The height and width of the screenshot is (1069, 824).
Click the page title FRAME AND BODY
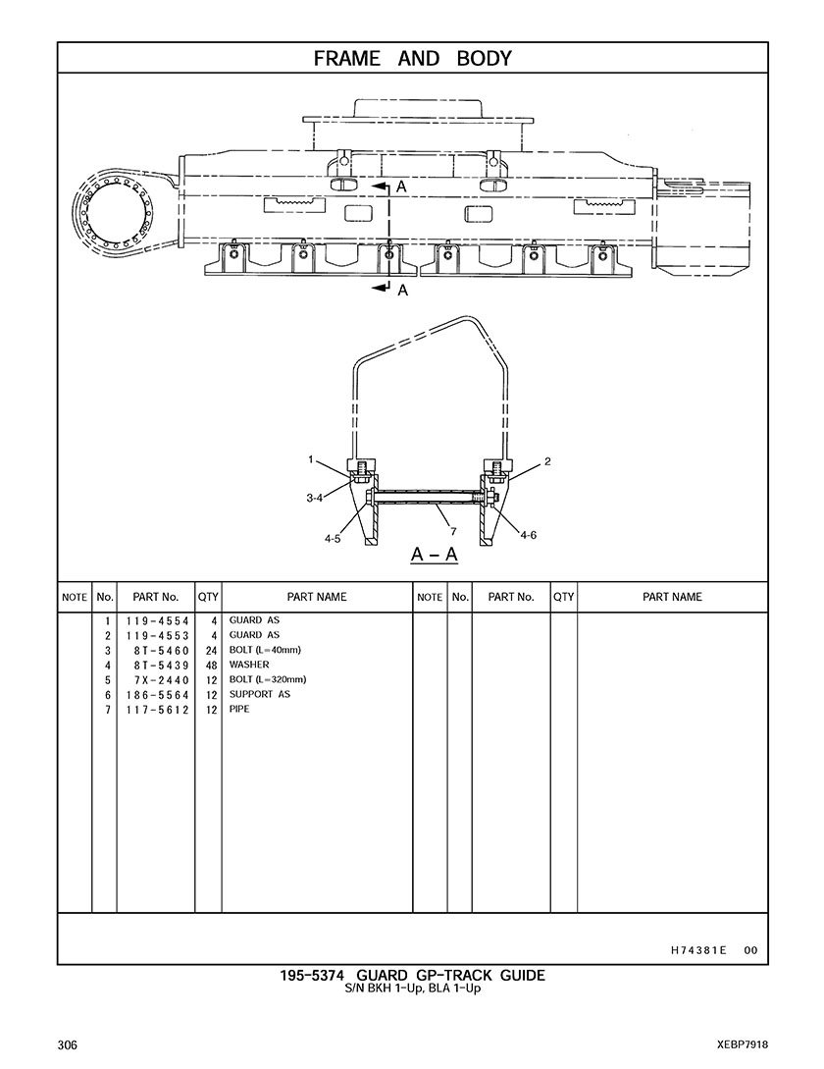tap(412, 59)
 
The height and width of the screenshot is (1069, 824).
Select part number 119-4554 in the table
tap(157, 621)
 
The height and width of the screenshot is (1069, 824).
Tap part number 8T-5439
tap(162, 666)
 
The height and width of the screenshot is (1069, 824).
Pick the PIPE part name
tap(239, 709)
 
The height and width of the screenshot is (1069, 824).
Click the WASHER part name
tap(249, 665)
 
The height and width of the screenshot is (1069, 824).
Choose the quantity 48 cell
tap(211, 666)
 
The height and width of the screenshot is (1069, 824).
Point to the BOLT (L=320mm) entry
tap(268, 679)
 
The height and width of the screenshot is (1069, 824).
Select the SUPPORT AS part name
tap(260, 694)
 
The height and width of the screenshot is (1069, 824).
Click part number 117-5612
tap(157, 710)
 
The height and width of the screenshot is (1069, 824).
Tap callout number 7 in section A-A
tap(453, 531)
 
